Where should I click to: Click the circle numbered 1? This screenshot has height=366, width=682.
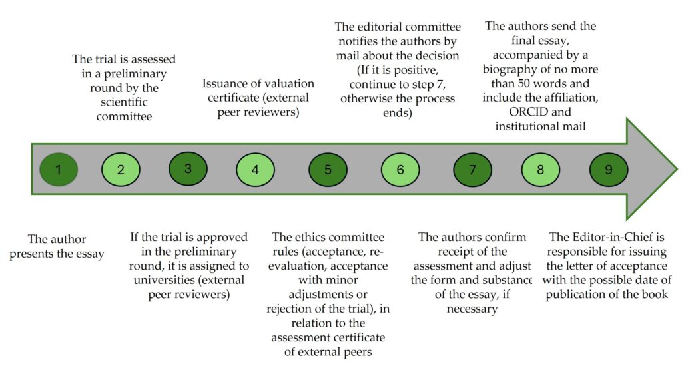(59, 169)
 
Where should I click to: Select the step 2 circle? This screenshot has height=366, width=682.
(121, 169)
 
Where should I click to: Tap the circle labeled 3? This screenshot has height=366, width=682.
(188, 168)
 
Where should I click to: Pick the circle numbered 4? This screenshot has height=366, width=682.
(256, 169)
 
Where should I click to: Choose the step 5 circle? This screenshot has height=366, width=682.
(328, 169)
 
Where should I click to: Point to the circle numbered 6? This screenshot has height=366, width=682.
(400, 169)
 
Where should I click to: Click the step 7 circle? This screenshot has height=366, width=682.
(472, 169)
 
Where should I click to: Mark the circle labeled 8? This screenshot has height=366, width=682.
(540, 169)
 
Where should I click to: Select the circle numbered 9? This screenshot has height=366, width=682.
(609, 169)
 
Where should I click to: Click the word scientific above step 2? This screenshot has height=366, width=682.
(120, 102)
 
